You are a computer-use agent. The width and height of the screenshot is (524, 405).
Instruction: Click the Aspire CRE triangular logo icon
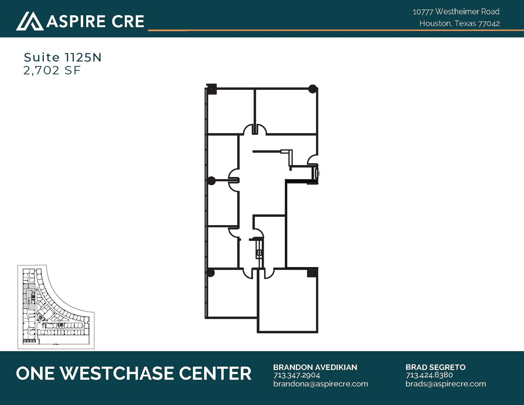click(30, 21)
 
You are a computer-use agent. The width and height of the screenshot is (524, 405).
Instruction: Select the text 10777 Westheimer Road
click(456, 12)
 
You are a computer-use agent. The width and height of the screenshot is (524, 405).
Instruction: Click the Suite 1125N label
click(63, 57)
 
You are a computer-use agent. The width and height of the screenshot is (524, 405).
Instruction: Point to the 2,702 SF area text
click(52, 70)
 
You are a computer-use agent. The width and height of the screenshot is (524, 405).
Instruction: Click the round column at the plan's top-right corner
click(312, 89)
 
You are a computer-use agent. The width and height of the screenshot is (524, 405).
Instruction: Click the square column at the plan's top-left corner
click(212, 89)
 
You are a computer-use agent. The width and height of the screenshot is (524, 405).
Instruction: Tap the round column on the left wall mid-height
click(211, 181)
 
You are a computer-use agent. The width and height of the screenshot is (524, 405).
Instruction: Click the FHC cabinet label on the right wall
click(319, 173)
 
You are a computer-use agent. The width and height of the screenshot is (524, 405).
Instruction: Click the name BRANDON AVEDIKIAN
click(315, 367)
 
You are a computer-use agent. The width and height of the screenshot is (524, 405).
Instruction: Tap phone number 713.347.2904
click(297, 375)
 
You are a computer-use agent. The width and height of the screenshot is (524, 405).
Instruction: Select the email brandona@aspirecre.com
click(321, 384)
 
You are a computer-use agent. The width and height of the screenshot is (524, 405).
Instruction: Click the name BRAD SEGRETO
click(435, 367)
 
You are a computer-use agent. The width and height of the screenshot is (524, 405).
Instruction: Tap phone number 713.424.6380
click(429, 375)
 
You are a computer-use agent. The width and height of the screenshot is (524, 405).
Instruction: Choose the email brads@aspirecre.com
click(446, 384)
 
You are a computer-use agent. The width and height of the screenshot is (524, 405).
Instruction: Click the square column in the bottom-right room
click(312, 272)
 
